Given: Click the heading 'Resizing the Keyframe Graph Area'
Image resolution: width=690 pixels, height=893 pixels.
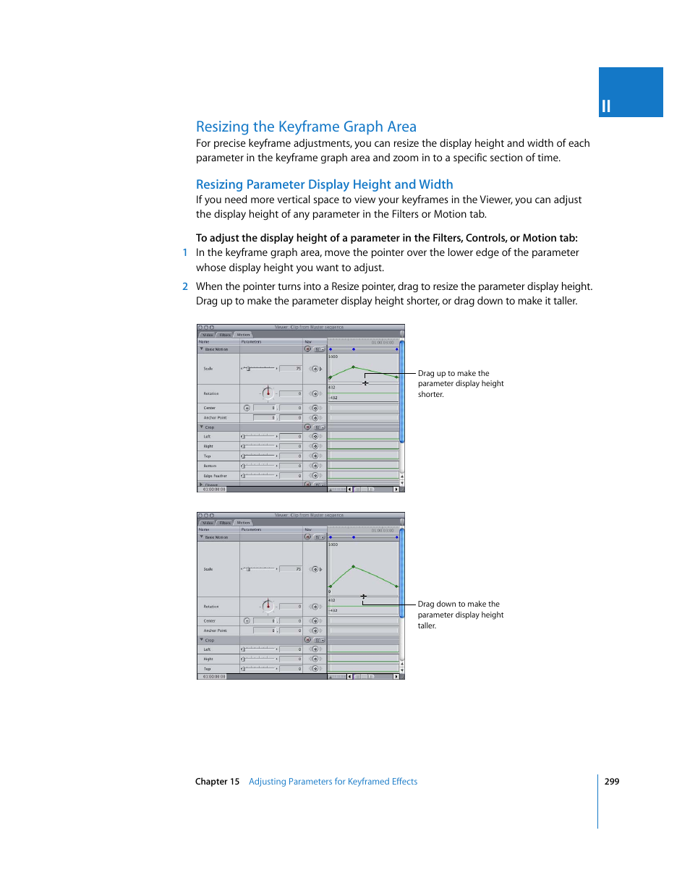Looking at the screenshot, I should point(306,127).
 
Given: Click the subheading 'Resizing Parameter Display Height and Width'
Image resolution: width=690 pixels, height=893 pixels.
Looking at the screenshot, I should point(324,184).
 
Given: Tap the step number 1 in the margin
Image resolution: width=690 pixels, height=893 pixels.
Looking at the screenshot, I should point(185,252).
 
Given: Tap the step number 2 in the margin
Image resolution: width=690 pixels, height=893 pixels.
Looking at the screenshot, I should point(185,286).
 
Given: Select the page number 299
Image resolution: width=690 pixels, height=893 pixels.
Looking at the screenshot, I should point(611,782).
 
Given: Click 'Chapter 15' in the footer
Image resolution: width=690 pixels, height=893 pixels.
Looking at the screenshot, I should point(217,782).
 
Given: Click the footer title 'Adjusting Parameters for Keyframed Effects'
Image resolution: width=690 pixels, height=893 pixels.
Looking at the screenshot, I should point(333,782).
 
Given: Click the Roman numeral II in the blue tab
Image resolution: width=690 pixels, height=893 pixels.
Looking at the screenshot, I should point(606,106).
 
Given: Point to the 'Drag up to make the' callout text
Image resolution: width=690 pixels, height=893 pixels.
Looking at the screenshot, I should point(453,374).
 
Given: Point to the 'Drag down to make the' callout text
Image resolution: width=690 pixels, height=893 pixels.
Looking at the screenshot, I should point(459,604).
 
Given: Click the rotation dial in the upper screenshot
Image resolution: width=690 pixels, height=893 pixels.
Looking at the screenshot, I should point(268,393).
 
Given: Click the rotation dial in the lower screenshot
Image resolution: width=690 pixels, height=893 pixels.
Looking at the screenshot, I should point(268,606).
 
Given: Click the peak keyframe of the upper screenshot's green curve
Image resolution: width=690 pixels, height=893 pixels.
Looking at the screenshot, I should point(353,367).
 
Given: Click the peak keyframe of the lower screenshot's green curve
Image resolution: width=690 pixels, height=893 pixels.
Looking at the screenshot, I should point(353,566).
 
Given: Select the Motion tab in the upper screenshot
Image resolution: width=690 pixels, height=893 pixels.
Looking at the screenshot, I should point(243,335).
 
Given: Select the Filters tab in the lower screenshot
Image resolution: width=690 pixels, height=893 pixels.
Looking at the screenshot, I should point(225,523).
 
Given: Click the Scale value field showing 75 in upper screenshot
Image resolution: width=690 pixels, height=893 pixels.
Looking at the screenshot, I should point(291,369).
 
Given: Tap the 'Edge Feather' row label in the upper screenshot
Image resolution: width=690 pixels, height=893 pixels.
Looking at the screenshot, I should point(215,476).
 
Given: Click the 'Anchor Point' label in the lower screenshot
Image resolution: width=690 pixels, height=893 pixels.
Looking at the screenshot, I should point(215,631).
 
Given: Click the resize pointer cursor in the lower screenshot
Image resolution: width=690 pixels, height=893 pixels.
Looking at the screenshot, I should point(363,597).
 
